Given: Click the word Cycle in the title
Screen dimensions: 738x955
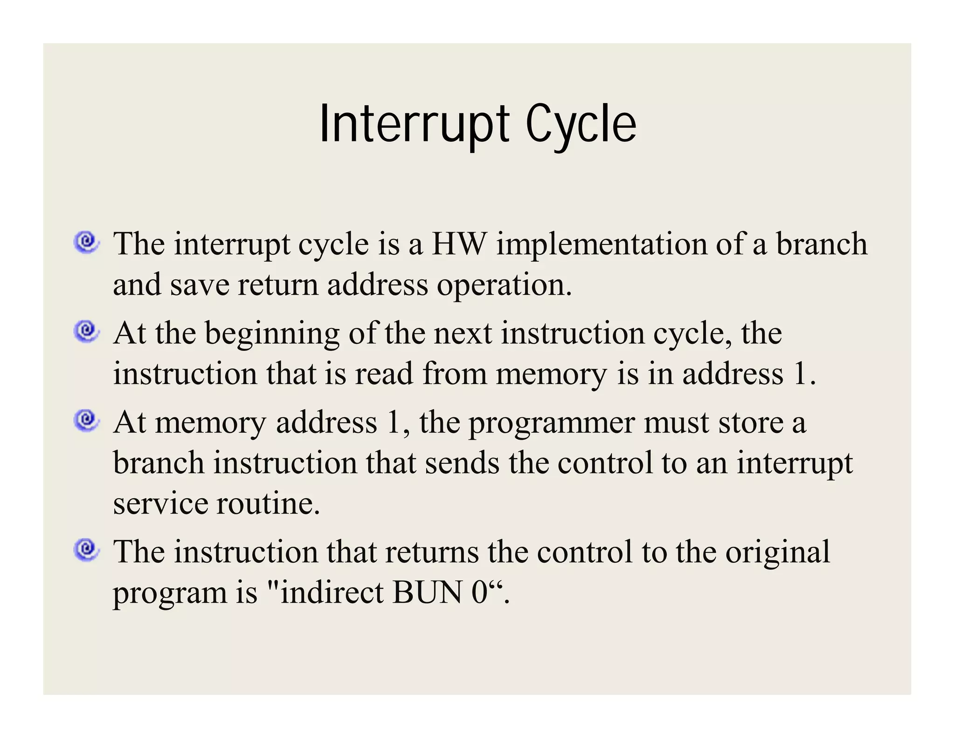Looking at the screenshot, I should (581, 124).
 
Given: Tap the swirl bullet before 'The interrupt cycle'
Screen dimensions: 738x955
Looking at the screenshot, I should (86, 242).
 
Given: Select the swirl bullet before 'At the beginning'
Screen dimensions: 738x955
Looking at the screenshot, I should (86, 331).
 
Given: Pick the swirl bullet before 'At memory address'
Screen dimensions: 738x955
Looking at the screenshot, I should (86, 420).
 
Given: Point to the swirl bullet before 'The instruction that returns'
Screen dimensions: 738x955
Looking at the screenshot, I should (86, 550).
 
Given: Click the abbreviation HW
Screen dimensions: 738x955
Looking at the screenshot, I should (459, 244).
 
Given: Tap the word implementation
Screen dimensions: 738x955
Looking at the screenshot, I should (601, 245).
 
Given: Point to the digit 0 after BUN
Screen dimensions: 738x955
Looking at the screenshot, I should (479, 592).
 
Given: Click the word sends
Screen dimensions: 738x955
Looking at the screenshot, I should (462, 463).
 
